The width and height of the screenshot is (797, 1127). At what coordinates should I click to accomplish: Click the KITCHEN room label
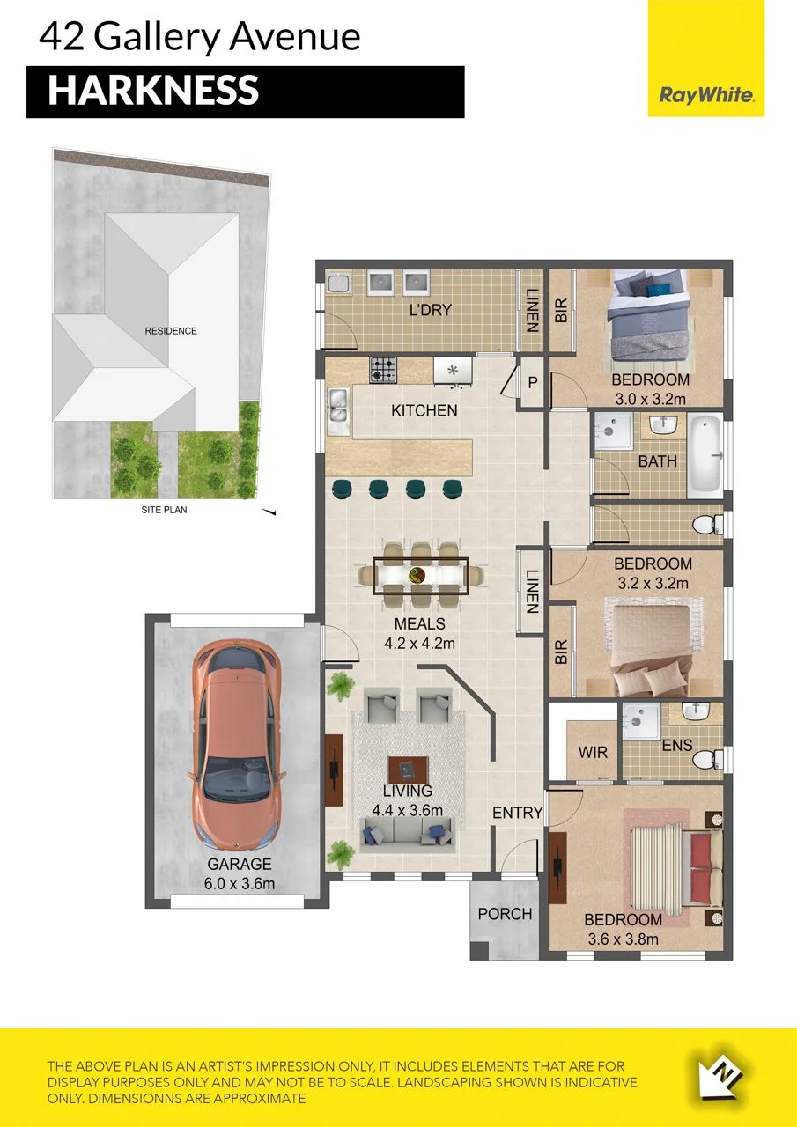pyautogui.click(x=424, y=411)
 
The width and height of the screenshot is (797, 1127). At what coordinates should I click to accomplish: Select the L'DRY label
pyautogui.click(x=431, y=310)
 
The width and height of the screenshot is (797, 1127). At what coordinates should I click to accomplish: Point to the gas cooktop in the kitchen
pyautogui.click(x=383, y=370)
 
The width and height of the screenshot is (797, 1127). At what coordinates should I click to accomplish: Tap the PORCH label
pyautogui.click(x=505, y=914)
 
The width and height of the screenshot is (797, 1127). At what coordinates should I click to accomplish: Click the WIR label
pyautogui.click(x=593, y=753)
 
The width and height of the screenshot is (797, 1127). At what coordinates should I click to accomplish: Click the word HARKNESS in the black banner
pyautogui.click(x=153, y=90)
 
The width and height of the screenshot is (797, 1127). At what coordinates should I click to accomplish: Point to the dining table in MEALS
pyautogui.click(x=421, y=575)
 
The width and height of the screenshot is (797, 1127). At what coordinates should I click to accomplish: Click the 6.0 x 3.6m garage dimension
pyautogui.click(x=240, y=884)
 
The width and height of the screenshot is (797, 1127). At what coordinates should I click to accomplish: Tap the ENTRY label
pyautogui.click(x=517, y=813)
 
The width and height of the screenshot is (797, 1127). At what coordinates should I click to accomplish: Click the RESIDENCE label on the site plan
pyautogui.click(x=171, y=331)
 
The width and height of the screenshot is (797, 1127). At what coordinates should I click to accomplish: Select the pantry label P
pyautogui.click(x=532, y=383)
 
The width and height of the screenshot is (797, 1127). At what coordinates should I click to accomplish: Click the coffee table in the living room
pyautogui.click(x=408, y=770)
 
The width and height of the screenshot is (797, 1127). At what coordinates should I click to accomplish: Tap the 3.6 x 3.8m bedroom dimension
pyautogui.click(x=623, y=939)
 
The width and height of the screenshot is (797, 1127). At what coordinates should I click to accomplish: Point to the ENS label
pyautogui.click(x=677, y=746)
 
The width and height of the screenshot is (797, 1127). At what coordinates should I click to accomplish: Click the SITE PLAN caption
pyautogui.click(x=164, y=510)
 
